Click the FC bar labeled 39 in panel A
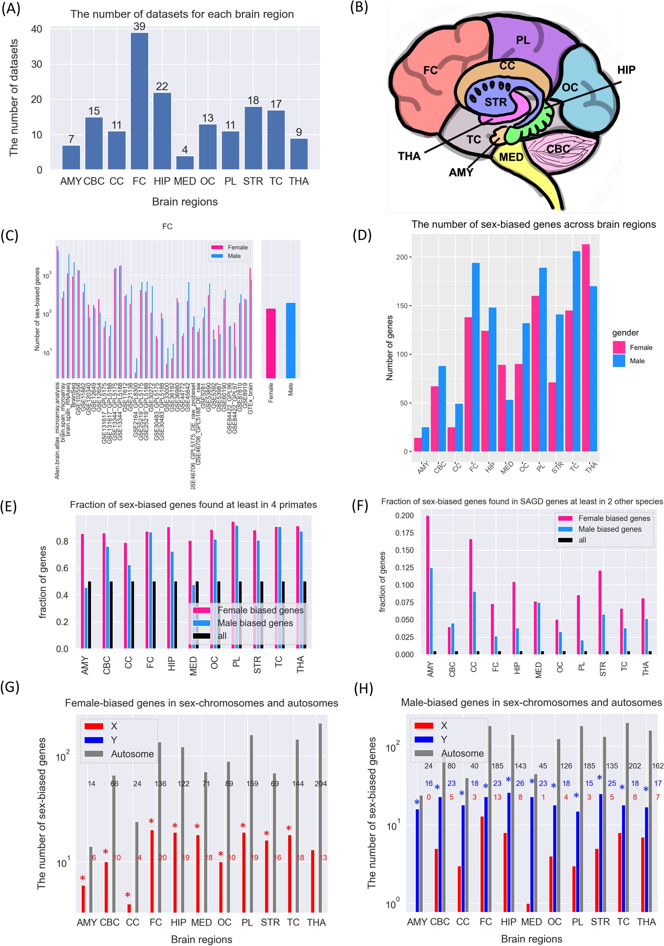[x=139, y=101]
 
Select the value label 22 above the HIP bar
[x=162, y=87]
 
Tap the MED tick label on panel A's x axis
[x=185, y=181]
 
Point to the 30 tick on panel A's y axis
[x=37, y=64]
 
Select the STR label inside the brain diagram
[x=495, y=102]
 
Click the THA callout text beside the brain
[x=409, y=156]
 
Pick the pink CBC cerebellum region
[x=561, y=150]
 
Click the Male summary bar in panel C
[x=290, y=340]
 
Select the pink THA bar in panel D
[x=585, y=348]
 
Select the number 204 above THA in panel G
[x=321, y=784]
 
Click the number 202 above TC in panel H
[x=635, y=766]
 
